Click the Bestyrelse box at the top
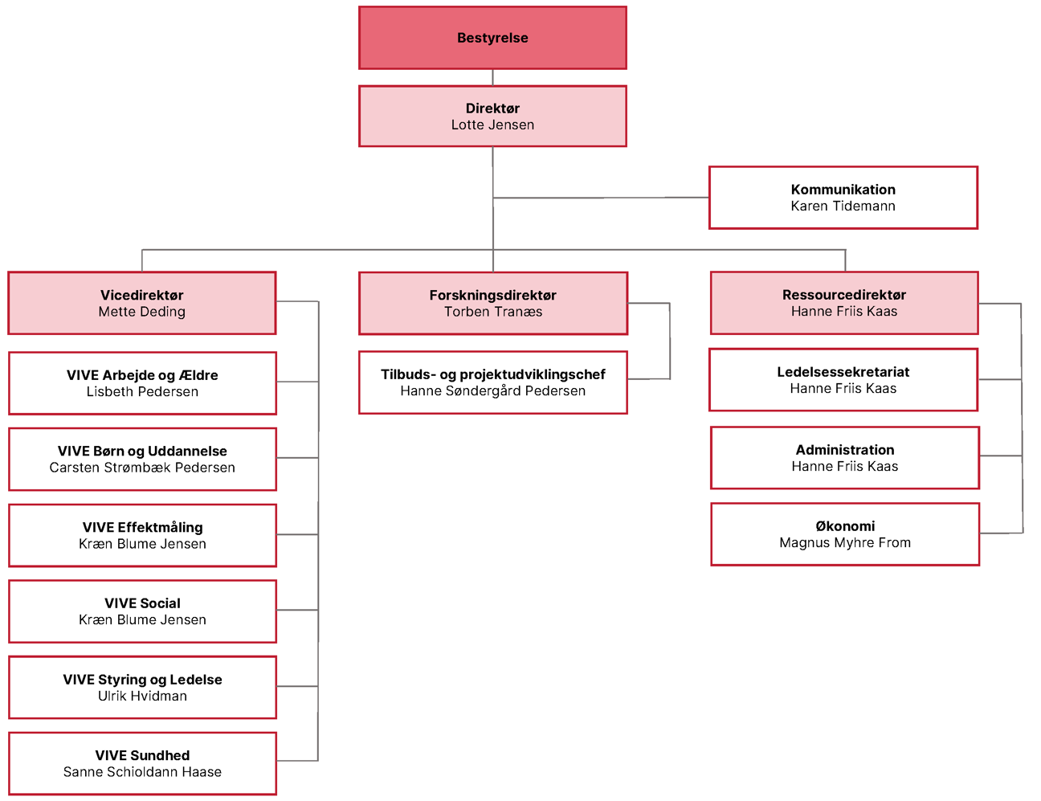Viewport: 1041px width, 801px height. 492,38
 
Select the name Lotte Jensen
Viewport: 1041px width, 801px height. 492,125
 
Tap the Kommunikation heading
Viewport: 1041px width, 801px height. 843,190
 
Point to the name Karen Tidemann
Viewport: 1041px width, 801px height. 843,206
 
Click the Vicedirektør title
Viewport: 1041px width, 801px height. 142,295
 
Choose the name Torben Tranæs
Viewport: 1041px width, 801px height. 493,312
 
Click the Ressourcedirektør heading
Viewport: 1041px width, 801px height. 844,295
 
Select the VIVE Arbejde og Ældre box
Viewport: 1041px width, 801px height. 142,383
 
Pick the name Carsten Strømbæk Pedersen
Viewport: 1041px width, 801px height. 142,468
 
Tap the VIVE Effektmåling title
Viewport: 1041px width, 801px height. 142,528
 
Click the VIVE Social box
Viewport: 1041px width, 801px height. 142,611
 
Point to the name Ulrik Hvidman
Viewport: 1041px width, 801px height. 142,696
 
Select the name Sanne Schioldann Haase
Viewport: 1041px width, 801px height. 142,772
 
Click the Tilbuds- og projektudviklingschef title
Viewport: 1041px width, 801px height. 493,374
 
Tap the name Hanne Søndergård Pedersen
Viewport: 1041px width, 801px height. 493,391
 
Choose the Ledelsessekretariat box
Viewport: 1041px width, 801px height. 843,380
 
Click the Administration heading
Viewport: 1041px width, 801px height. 845,450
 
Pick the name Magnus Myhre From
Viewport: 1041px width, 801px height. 845,543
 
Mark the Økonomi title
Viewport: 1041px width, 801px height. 845,526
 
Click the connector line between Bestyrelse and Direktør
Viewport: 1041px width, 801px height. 492,78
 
